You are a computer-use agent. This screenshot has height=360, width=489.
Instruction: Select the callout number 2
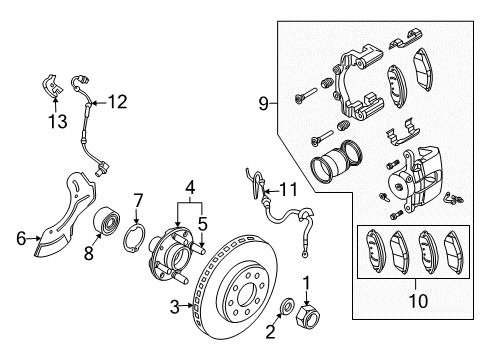(269, 331)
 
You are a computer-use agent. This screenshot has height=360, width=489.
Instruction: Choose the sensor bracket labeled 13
(50, 87)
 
